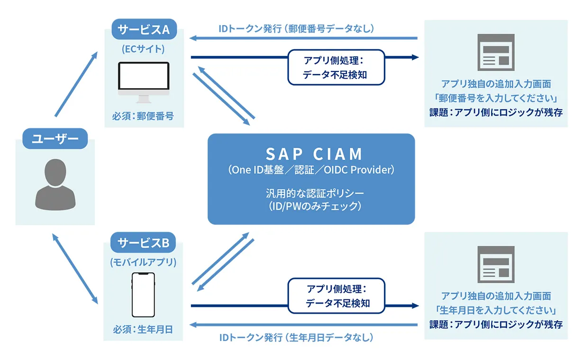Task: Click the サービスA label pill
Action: (x=144, y=29)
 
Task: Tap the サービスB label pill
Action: (x=143, y=243)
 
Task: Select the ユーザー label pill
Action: (x=55, y=139)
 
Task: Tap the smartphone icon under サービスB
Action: (x=143, y=294)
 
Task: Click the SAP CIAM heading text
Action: (x=314, y=154)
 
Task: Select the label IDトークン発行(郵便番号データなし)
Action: (x=297, y=28)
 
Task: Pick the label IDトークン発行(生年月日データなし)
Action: (x=297, y=338)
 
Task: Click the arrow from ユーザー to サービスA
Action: (x=76, y=84)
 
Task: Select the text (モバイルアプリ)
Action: (x=143, y=262)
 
